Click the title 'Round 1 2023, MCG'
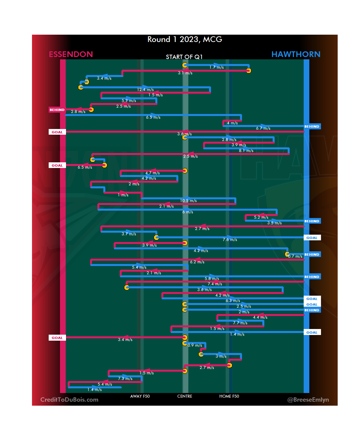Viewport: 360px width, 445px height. pyautogui.click(x=185, y=39)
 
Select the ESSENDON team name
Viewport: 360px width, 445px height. pyautogui.click(x=71, y=54)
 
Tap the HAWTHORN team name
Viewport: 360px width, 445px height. pyautogui.click(x=296, y=54)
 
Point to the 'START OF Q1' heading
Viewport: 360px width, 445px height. pyautogui.click(x=184, y=57)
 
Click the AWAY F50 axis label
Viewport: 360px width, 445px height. pyautogui.click(x=140, y=396)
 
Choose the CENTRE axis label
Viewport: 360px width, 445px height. pyautogui.click(x=185, y=396)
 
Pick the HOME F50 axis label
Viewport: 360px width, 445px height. pyautogui.click(x=229, y=396)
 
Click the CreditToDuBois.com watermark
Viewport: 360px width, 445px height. pyautogui.click(x=69, y=400)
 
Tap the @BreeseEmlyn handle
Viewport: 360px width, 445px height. pyautogui.click(x=308, y=400)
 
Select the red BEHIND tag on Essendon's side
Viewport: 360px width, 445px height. pyautogui.click(x=57, y=110)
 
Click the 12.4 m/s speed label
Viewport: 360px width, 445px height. pyautogui.click(x=145, y=90)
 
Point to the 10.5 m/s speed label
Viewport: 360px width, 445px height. pyautogui.click(x=188, y=201)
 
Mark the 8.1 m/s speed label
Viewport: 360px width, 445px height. pyautogui.click(x=246, y=151)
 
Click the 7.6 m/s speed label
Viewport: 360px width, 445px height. pyautogui.click(x=230, y=240)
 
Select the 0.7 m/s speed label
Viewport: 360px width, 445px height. pyautogui.click(x=295, y=256)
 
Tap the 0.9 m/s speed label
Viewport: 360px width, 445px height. pyautogui.click(x=195, y=345)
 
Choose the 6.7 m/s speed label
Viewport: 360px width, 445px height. pyautogui.click(x=263, y=128)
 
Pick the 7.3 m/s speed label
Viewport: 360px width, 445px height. pyautogui.click(x=125, y=379)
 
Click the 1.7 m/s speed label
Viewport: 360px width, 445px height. pyautogui.click(x=216, y=67)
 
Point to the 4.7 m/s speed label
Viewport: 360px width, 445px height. pyautogui.click(x=152, y=173)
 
